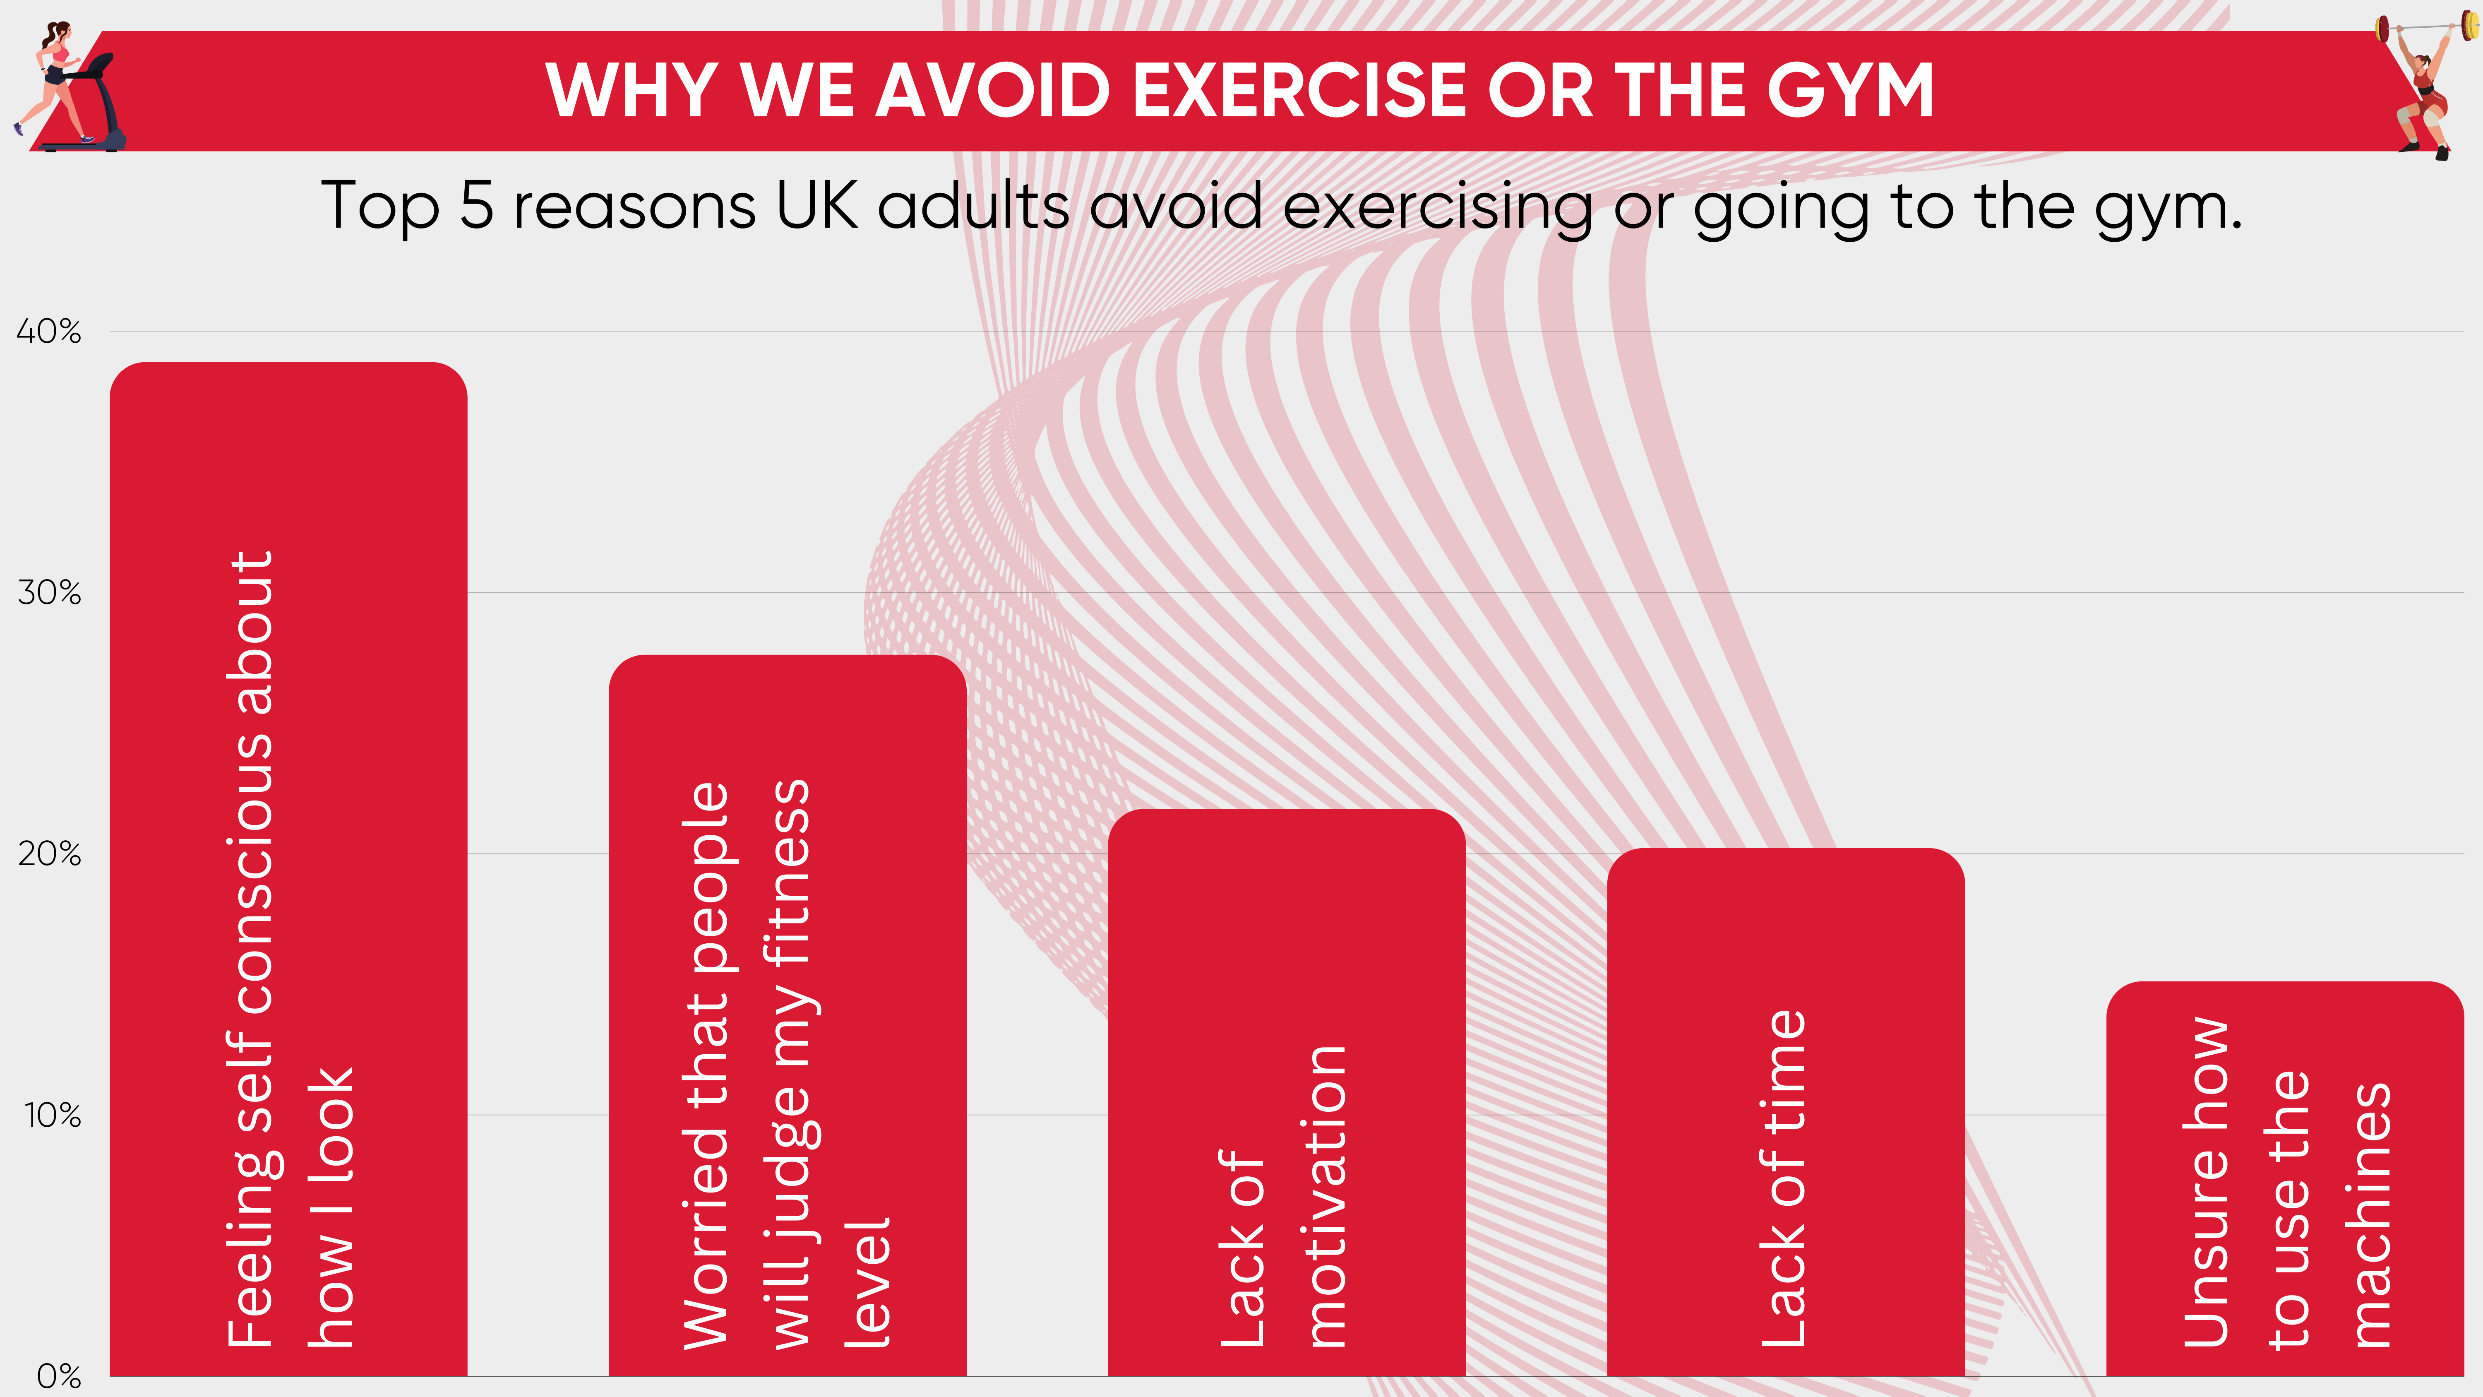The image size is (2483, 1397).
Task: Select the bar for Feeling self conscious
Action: [x=288, y=869]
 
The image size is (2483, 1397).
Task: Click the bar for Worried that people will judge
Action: [x=788, y=1015]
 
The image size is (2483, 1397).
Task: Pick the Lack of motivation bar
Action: [x=1287, y=1092]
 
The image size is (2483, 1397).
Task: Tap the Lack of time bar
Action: [x=1786, y=1112]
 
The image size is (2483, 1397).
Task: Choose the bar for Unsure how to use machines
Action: [x=2286, y=1178]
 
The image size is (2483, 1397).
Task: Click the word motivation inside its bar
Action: [x=1327, y=1195]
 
